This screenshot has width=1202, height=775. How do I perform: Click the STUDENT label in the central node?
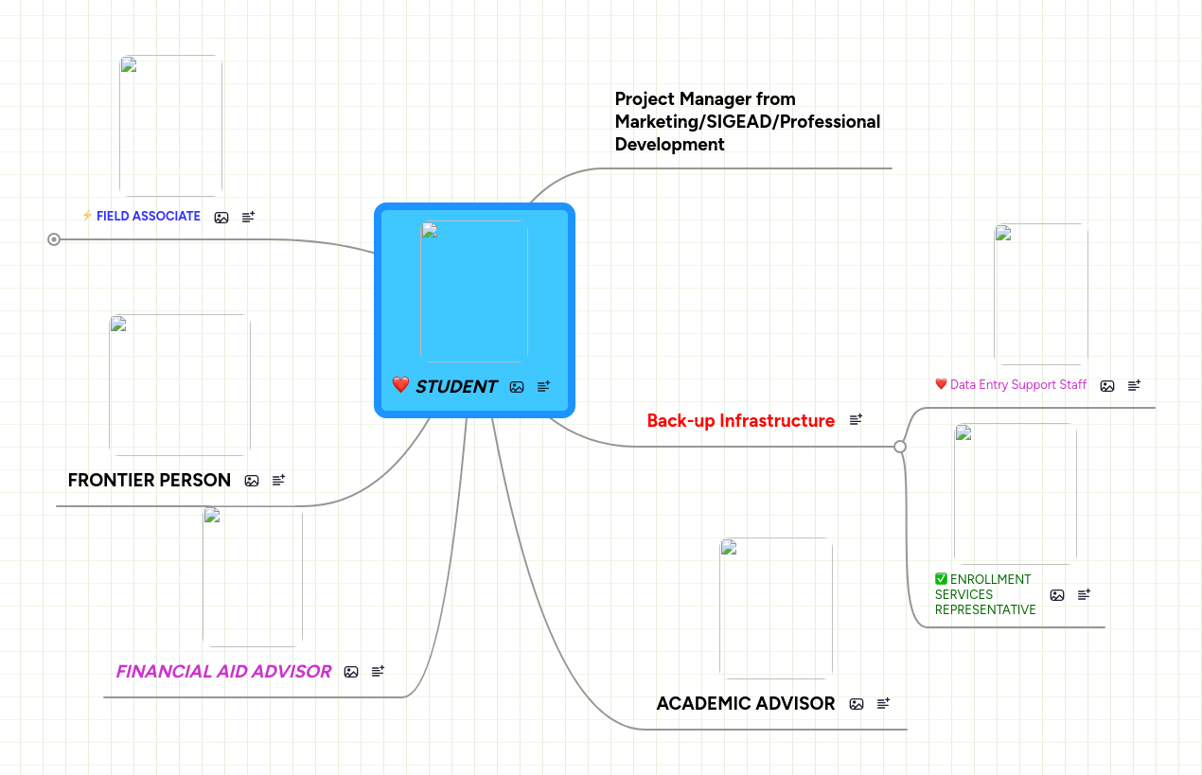(456, 386)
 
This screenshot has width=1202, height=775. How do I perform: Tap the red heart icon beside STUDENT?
(400, 385)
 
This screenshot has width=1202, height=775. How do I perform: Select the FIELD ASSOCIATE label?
(149, 216)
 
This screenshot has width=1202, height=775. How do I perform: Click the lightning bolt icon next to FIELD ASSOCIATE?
(87, 216)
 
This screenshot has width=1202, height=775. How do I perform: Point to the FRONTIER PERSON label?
(150, 480)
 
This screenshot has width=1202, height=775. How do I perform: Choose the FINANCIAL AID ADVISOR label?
(223, 671)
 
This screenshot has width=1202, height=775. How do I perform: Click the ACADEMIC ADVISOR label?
(746, 703)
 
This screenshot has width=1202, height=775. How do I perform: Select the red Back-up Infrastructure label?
(741, 420)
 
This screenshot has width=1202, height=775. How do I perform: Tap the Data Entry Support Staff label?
(1018, 385)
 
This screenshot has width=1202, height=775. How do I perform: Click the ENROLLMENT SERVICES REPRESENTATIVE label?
(985, 594)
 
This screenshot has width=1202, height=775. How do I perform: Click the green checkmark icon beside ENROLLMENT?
(941, 579)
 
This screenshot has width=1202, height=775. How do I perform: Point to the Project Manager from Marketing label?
(748, 121)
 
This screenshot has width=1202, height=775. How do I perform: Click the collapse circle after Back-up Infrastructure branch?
(900, 447)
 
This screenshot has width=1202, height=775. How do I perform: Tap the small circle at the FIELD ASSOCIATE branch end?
(54, 239)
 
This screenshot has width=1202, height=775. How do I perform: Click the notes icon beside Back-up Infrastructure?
(856, 420)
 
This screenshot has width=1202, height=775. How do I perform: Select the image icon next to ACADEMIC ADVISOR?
(857, 704)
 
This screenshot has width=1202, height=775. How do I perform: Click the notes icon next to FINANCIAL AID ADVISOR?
(378, 672)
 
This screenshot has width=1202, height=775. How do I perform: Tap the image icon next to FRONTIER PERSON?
(252, 481)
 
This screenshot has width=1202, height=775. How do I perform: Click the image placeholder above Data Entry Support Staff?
(1041, 294)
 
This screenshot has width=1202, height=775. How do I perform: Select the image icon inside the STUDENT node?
(517, 387)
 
